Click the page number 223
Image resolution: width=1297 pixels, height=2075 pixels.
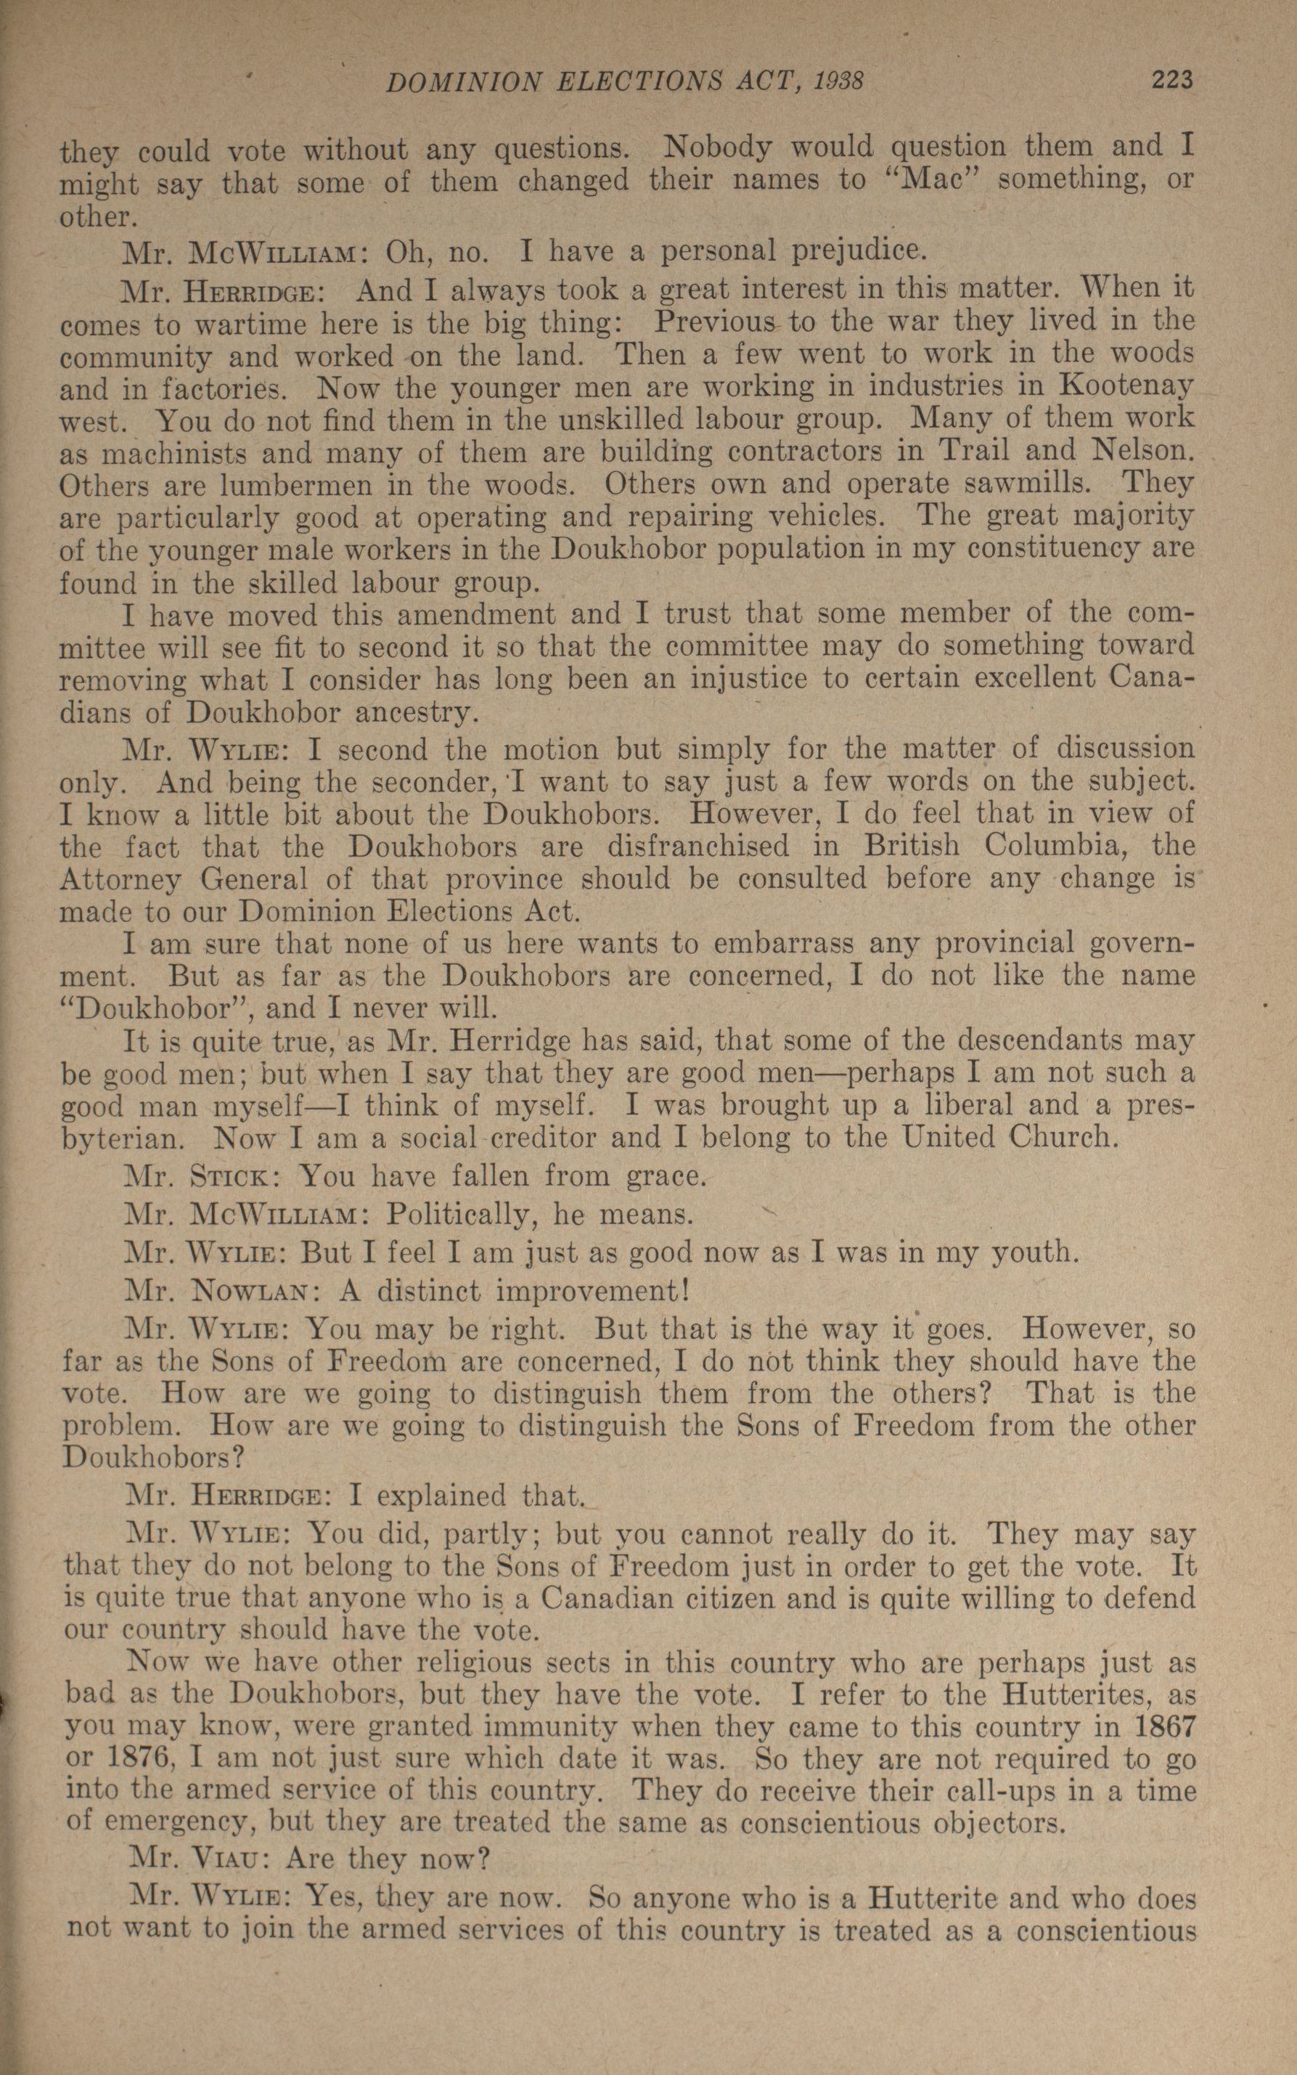coord(1171,81)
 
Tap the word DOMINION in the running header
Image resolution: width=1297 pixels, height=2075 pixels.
coord(464,82)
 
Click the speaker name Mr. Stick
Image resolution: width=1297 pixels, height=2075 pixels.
coord(198,1175)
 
